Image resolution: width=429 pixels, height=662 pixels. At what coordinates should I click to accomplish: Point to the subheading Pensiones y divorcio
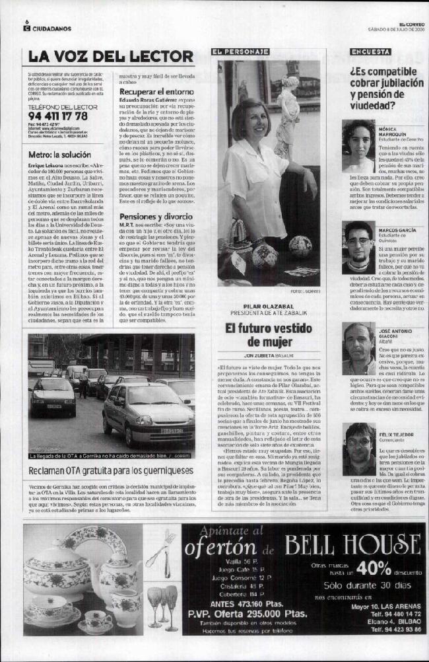pos(156,216)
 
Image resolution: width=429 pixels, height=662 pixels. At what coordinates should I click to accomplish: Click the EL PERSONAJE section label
pos(240,52)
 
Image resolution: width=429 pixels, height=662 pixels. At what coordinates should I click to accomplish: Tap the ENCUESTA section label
pos(370,52)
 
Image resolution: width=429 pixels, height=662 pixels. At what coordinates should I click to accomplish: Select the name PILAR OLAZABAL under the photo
pos(267,307)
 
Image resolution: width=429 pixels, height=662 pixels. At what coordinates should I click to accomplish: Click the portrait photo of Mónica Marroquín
pos(358,146)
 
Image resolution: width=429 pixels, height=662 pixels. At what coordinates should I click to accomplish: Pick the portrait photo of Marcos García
pos(358,246)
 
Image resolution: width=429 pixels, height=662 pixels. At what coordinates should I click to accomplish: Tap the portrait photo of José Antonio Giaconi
pos(358,348)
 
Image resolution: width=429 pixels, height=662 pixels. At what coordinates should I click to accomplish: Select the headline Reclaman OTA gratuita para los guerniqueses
pos(111,471)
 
